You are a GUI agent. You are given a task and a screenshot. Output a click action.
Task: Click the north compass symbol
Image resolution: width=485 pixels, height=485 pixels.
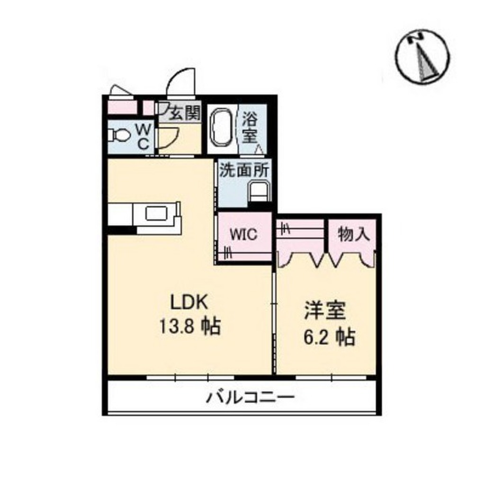click(422, 56)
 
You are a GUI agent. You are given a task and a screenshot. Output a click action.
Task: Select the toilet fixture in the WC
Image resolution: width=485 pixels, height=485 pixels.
click(119, 135)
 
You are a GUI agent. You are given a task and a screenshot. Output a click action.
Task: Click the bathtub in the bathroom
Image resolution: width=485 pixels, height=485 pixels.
click(222, 129)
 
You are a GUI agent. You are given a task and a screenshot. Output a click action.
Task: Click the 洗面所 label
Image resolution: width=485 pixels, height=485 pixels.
click(244, 170)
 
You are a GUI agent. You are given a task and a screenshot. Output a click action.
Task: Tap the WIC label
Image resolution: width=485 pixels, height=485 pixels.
click(243, 234)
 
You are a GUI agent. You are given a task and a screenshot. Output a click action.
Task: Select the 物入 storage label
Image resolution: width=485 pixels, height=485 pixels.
click(353, 234)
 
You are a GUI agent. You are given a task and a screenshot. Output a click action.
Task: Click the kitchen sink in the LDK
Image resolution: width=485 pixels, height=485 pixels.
click(156, 214)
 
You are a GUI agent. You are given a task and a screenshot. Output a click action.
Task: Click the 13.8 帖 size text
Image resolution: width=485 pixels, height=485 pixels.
click(189, 326)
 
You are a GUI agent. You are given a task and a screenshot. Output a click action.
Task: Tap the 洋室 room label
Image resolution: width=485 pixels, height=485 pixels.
click(325, 310)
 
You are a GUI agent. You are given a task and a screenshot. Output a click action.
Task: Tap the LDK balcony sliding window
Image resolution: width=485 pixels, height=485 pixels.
click(190, 377)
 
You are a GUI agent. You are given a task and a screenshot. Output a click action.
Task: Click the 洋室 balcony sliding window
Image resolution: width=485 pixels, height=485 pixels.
click(331, 377)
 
